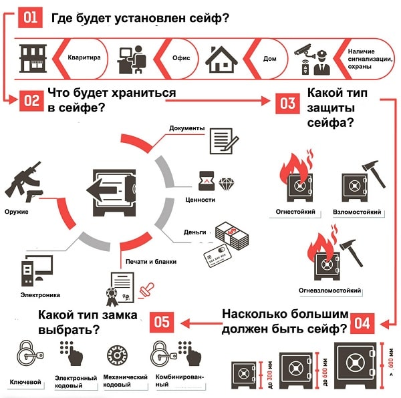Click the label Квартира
click(x=84, y=58)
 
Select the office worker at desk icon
click(x=132, y=59)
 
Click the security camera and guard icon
click(x=311, y=59)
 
